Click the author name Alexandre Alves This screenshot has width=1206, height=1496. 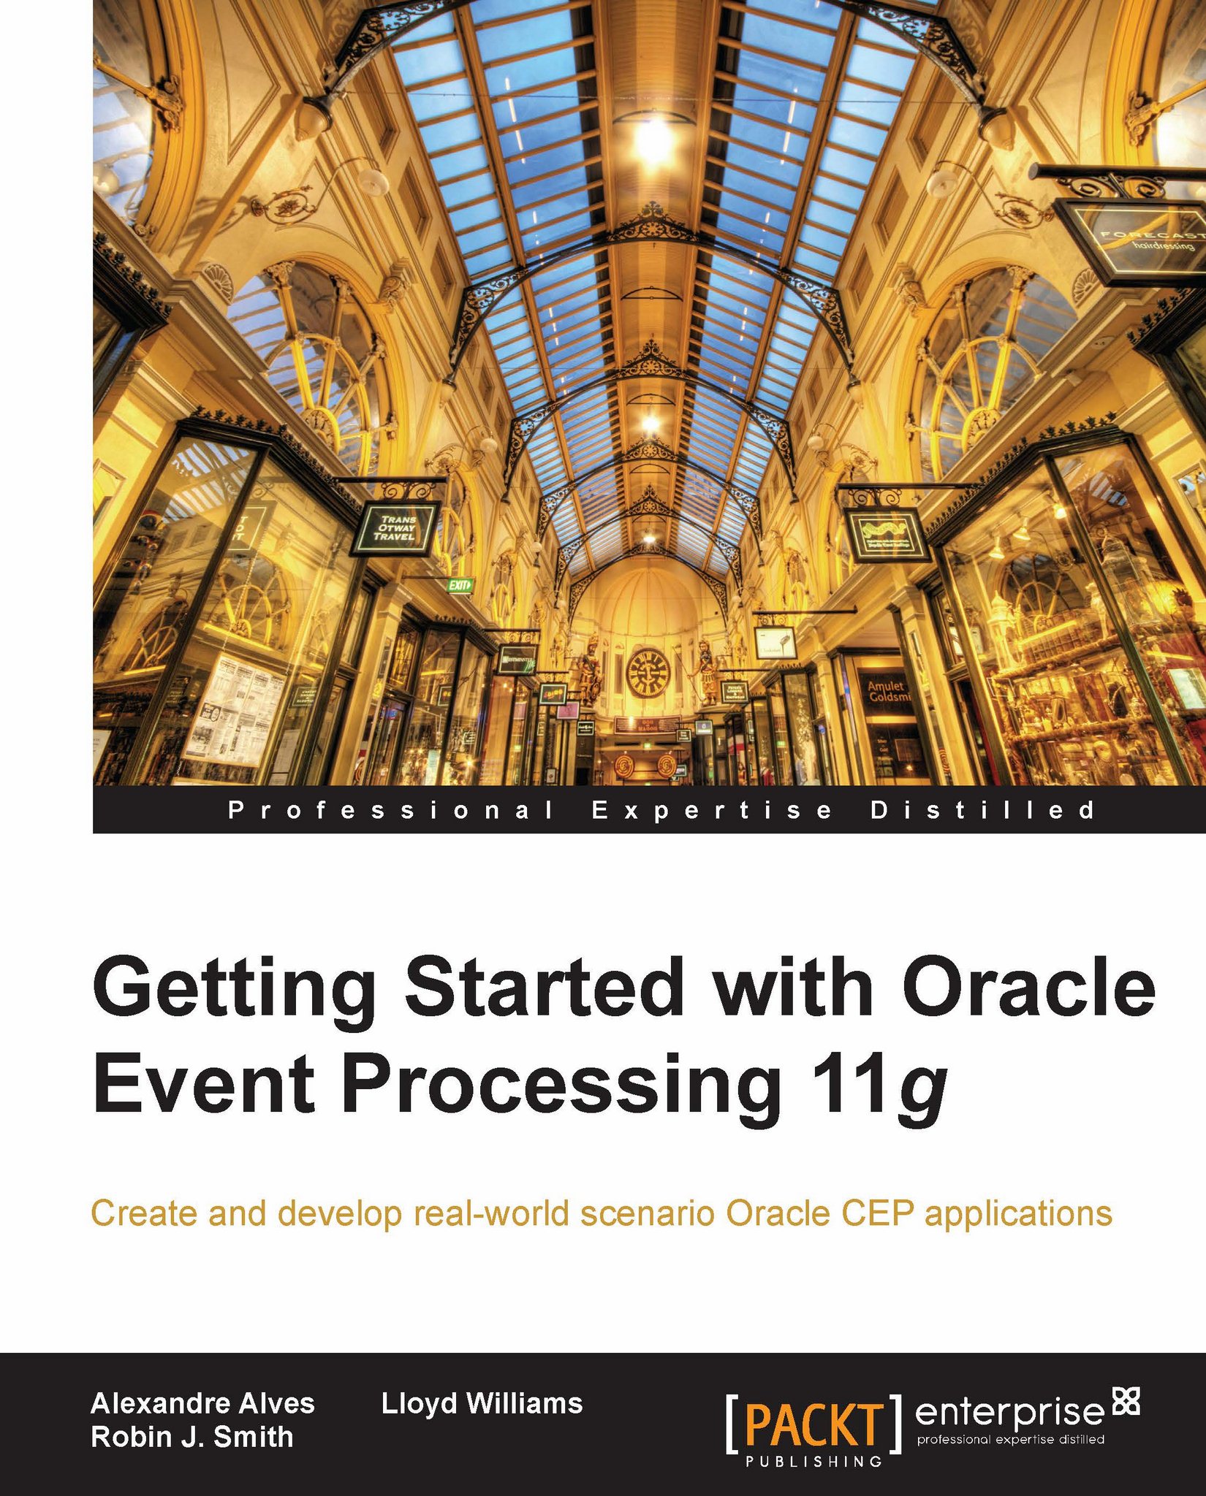point(202,1403)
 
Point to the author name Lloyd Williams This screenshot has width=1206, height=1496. point(482,1403)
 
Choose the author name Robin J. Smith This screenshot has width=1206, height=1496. point(191,1437)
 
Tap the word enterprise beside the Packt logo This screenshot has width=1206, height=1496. point(1009,1411)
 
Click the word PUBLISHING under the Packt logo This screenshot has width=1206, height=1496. point(814,1462)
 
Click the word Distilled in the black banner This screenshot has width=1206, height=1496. point(983,810)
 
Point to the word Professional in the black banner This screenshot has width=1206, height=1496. point(390,810)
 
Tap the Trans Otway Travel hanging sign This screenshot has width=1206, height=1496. point(394,527)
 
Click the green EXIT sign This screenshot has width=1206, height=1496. point(460,584)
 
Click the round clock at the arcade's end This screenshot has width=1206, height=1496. point(648,672)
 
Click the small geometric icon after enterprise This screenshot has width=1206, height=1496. point(1126,1400)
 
